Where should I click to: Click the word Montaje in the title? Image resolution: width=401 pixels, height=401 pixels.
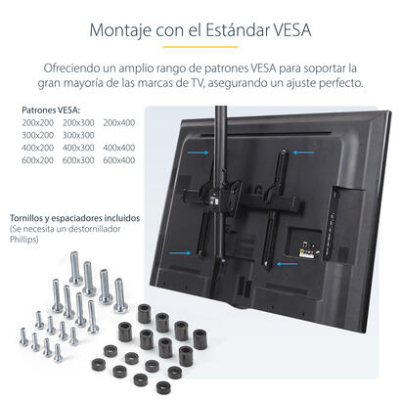[x=121, y=28]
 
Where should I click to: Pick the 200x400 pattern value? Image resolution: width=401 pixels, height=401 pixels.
[x=118, y=122]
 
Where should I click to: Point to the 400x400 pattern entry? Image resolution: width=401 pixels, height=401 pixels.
[x=118, y=148]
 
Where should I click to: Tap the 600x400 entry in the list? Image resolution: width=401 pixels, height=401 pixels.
[x=118, y=160]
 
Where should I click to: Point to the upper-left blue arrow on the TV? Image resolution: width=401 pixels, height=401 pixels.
[x=201, y=153]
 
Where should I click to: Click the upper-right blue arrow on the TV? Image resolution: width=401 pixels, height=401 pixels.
[x=299, y=152]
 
